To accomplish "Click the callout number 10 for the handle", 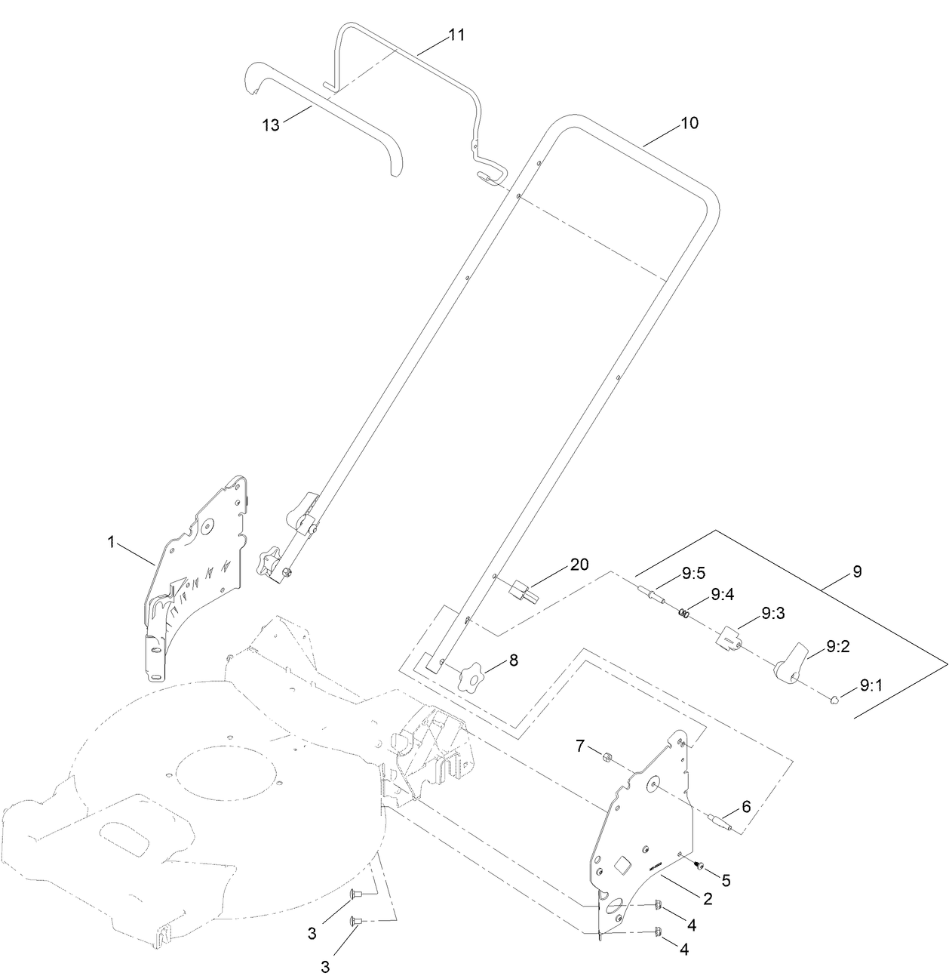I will (689, 123).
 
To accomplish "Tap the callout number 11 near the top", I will (456, 35).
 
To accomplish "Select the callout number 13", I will (271, 125).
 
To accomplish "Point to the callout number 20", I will (579, 565).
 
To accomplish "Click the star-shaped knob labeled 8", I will (470, 673).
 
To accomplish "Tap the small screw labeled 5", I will (699, 865).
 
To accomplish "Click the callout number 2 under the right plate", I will (708, 898).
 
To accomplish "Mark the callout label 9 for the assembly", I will (856, 571).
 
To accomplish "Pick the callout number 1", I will (111, 541).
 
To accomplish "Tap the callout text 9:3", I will (772, 614).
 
